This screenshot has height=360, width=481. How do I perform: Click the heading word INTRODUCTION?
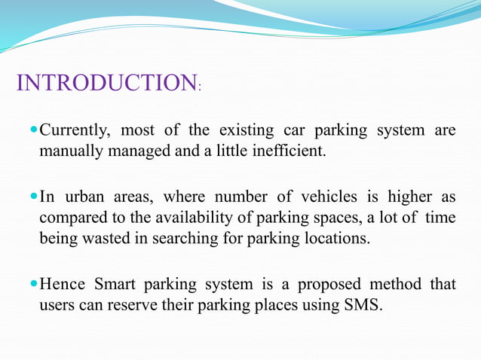pos(106,83)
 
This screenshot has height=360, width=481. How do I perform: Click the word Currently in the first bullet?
pos(75,131)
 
